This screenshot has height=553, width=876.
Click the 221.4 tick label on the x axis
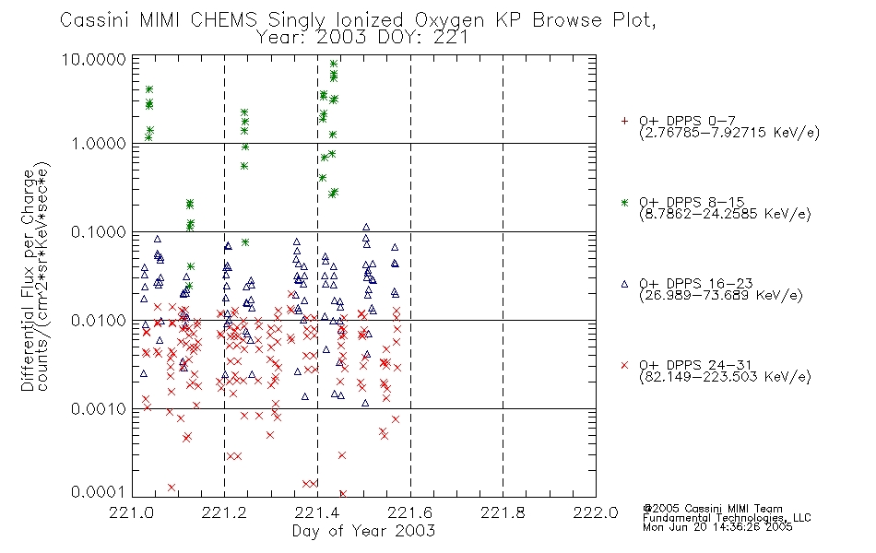coord(317,512)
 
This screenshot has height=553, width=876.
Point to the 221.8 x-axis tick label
coord(503,512)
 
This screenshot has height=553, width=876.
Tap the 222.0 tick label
coord(596,512)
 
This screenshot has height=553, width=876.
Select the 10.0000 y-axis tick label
coord(94,59)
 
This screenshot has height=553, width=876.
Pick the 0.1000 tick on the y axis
coord(99,232)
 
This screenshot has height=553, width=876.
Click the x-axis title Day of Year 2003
coord(363,531)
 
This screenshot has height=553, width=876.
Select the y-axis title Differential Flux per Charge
coord(28,280)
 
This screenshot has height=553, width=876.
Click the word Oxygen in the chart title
coord(449,20)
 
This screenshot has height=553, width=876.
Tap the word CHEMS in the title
coord(223,20)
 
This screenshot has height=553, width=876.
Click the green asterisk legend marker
coord(624,202)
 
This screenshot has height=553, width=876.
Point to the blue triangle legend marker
coord(624,284)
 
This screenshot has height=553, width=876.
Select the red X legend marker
coord(624,365)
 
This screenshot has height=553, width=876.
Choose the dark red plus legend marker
coord(624,121)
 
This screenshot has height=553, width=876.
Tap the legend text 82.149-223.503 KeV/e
coord(725,377)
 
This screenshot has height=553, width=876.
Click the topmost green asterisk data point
coord(334,64)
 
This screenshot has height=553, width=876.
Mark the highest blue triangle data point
coord(366,227)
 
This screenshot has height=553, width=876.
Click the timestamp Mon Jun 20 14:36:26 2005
coord(717,527)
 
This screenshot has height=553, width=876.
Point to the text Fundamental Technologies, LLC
coord(727,518)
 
